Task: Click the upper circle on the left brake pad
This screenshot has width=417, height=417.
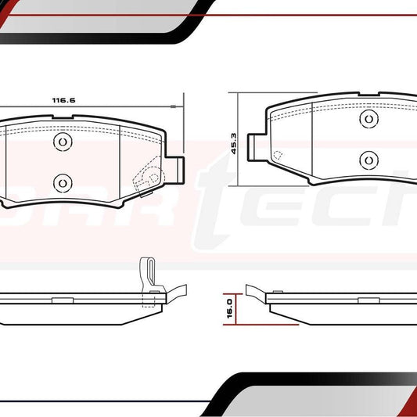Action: tap(62, 141)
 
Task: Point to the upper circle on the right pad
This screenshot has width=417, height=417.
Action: tap(368, 118)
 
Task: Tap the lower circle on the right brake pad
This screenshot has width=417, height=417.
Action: tap(368, 159)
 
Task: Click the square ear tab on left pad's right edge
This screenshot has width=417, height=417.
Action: tap(178, 167)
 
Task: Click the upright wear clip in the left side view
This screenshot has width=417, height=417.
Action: tap(146, 273)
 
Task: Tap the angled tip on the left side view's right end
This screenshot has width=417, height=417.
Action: tap(178, 290)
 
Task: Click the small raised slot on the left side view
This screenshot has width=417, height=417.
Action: tap(61, 300)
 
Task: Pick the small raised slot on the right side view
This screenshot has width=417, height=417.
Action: tap(368, 300)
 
